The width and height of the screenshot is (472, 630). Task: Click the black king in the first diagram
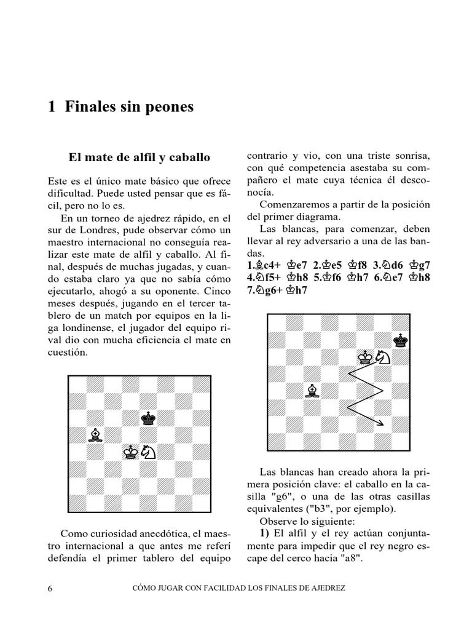click(x=148, y=418)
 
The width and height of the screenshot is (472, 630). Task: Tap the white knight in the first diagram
click(x=148, y=452)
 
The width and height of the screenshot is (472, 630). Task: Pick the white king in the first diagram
click(x=130, y=452)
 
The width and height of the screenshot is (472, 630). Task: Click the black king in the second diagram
click(x=401, y=339)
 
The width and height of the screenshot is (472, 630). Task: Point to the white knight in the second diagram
click(x=383, y=356)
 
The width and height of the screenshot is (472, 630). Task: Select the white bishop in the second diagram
click(x=313, y=391)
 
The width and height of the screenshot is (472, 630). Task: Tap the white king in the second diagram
click(x=366, y=356)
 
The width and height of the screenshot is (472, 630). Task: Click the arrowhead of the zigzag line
click(x=382, y=423)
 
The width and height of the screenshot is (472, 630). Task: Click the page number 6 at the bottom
click(x=50, y=588)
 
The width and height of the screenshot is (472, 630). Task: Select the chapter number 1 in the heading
click(x=52, y=107)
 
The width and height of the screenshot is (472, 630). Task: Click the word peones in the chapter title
click(x=169, y=107)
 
